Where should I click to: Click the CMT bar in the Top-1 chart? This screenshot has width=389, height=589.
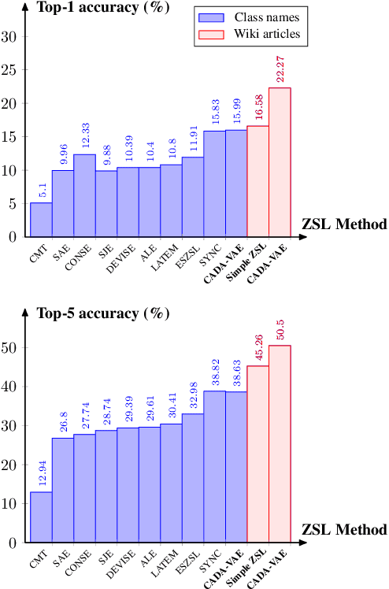click(x=41, y=220)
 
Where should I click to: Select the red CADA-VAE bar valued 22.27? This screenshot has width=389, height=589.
click(x=280, y=162)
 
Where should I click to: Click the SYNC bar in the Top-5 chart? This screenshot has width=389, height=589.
click(x=214, y=467)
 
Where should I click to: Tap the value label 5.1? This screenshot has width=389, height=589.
click(x=41, y=188)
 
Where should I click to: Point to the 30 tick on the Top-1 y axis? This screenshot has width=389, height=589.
click(x=12, y=36)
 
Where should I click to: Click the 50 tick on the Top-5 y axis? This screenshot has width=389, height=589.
click(x=12, y=348)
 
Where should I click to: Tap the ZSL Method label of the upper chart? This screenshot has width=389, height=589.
click(x=344, y=224)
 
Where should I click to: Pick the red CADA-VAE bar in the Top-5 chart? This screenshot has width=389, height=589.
click(x=280, y=444)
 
